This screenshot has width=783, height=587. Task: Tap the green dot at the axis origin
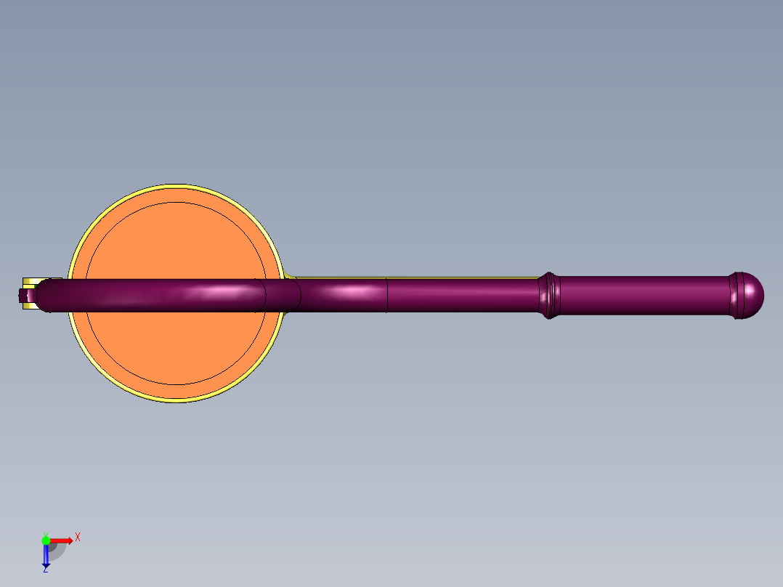click(x=46, y=541)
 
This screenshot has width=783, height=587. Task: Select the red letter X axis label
click(x=78, y=538)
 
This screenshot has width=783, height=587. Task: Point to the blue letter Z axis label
click(x=46, y=570)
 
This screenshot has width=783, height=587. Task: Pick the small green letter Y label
click(x=46, y=535)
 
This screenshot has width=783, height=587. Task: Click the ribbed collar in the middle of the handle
click(x=549, y=295)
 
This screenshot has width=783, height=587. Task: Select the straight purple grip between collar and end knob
click(x=644, y=295)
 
